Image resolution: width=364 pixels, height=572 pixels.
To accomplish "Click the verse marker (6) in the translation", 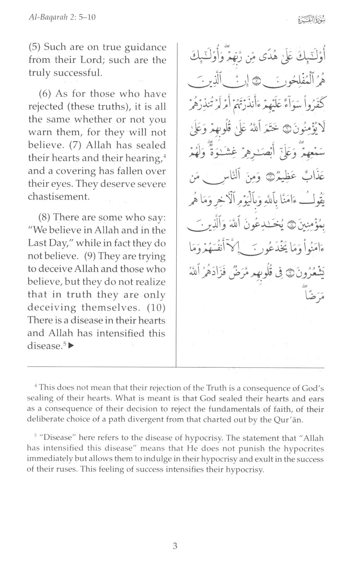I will click(45, 94).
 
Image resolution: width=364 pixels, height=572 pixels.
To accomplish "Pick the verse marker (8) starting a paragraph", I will click(45, 217).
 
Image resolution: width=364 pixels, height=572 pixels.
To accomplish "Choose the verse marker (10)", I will click(156, 308).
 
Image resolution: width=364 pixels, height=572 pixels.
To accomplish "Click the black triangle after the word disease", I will click(71, 346).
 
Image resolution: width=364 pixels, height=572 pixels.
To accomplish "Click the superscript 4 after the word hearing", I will click(164, 155).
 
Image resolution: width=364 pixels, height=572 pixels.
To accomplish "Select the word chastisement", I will click(59, 197).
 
